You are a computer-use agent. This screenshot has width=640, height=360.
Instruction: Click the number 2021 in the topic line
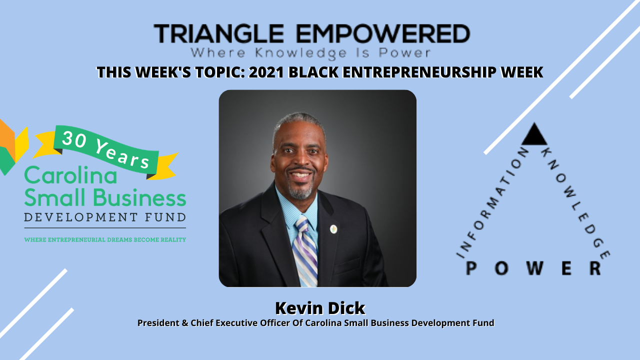[x=266, y=72]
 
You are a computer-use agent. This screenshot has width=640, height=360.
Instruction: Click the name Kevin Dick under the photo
[x=320, y=308]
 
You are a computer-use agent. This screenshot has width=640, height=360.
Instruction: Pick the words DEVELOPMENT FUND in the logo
[x=105, y=217]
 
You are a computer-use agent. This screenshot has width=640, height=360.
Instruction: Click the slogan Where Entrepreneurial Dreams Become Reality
[x=105, y=240]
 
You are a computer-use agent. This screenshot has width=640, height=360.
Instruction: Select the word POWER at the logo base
[x=533, y=268]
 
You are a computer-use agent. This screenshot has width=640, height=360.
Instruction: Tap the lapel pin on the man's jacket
[x=334, y=229]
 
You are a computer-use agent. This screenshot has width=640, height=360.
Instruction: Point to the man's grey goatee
[x=300, y=191]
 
